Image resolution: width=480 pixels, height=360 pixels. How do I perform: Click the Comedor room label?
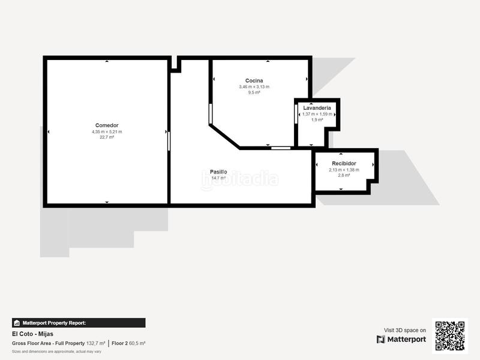pyautogui.click(x=106, y=125)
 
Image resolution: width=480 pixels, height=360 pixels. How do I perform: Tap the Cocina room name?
pyautogui.click(x=254, y=80)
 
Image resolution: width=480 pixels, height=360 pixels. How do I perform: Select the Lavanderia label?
pyautogui.click(x=317, y=108)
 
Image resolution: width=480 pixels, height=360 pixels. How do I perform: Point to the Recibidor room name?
pyautogui.click(x=344, y=163)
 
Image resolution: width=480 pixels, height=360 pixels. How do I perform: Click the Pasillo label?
pyautogui.click(x=218, y=171)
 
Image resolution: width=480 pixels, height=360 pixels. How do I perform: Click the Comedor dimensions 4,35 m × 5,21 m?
pyautogui.click(x=106, y=131)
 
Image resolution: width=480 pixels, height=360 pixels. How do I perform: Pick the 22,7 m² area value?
pyautogui.click(x=106, y=137)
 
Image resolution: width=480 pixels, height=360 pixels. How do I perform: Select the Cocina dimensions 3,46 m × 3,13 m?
pyautogui.click(x=254, y=86)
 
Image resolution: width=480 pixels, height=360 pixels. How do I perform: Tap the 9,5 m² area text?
pyautogui.click(x=254, y=92)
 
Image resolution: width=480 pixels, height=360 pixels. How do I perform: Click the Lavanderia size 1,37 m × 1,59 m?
pyautogui.click(x=317, y=114)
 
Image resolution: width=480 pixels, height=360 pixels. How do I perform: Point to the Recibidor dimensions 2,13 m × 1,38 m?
pyautogui.click(x=344, y=170)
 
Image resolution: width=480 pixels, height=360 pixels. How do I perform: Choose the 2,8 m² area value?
pyautogui.click(x=344, y=176)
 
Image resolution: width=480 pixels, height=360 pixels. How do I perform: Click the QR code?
pyautogui.click(x=449, y=335)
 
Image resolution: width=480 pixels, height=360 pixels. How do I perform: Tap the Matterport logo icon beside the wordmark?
pyautogui.click(x=380, y=340)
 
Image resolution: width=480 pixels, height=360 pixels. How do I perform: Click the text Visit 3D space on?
pyautogui.click(x=404, y=330)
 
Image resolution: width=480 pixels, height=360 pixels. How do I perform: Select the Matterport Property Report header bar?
pyautogui.click(x=78, y=323)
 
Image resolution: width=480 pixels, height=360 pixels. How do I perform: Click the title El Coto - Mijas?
pyautogui.click(x=32, y=334)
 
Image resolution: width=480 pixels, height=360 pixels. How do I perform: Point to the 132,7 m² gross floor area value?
pyautogui.click(x=95, y=343)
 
